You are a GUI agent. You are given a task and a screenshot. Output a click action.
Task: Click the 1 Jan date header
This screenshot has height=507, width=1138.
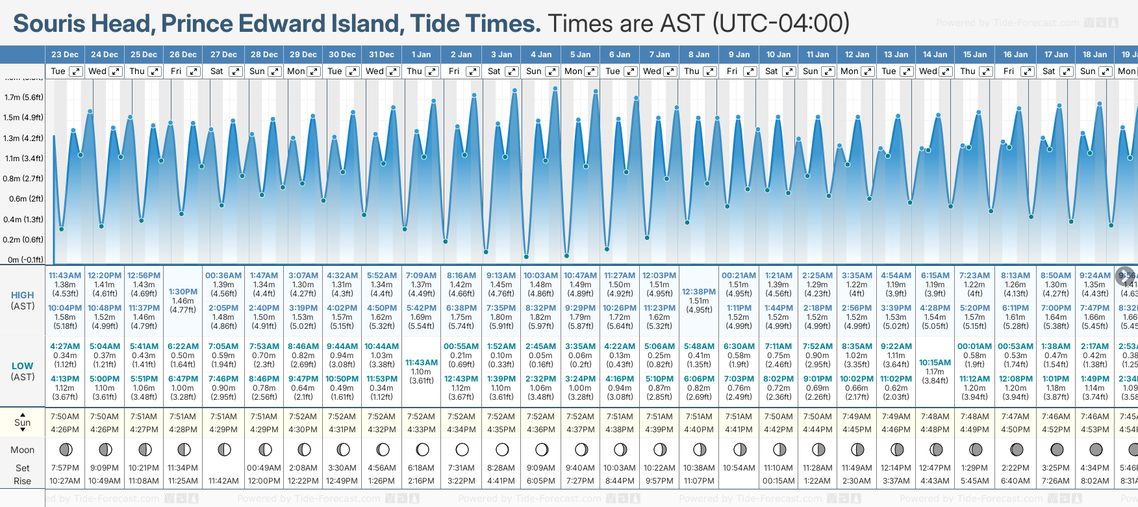coord(421,55)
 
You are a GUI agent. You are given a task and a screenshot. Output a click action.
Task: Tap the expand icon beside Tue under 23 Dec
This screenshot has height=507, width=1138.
coord(76,71)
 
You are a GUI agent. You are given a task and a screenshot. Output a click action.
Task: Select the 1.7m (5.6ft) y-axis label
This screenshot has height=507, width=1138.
coord(24,97)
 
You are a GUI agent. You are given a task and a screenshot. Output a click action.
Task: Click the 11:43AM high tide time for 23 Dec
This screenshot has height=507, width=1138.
coord(65,276)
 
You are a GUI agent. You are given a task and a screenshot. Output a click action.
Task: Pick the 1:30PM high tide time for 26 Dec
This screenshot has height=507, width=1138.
coord(183,292)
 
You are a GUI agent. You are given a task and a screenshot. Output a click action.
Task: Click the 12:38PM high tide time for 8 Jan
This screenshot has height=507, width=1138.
coord(700,292)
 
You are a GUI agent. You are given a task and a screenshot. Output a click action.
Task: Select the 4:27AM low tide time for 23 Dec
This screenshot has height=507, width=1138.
coord(65,346)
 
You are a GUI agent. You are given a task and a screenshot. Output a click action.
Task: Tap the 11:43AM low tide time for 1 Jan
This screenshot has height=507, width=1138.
coord(422,363)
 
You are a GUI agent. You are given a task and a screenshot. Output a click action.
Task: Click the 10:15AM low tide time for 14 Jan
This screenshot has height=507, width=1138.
coord(935,363)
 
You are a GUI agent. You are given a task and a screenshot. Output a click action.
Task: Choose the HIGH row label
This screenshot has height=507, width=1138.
coord(23,295)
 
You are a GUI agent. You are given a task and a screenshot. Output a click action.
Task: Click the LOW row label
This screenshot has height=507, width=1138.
coord(23,366)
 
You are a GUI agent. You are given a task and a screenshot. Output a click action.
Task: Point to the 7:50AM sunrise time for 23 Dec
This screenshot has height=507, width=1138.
coord(65,417)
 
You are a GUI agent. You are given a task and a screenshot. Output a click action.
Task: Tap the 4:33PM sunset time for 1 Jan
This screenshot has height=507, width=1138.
coord(422,430)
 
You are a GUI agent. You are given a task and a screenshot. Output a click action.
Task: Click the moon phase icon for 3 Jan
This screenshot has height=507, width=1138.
coord(502,449)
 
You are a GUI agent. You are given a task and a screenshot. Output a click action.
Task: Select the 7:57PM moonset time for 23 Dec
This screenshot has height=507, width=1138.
coord(65,468)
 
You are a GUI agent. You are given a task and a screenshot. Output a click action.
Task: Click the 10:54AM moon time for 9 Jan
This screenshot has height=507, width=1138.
coord(739,468)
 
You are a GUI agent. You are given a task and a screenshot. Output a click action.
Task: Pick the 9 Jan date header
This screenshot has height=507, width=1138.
coord(739,55)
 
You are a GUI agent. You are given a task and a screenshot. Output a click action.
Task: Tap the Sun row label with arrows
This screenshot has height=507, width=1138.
coord(23,422)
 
